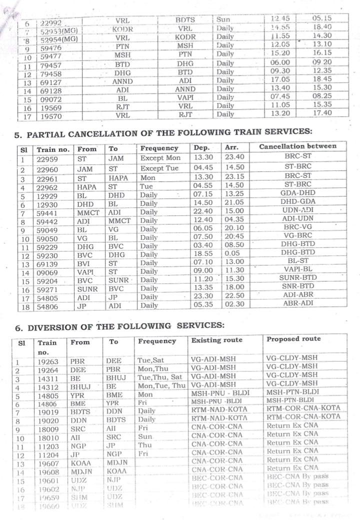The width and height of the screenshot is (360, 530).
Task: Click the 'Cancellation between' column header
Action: tap(297, 147)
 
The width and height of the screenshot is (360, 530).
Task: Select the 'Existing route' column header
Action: tap(216, 340)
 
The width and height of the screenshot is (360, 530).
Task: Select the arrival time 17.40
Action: tap(323, 114)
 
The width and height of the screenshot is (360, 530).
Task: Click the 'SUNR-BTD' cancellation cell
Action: tap(297, 277)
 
